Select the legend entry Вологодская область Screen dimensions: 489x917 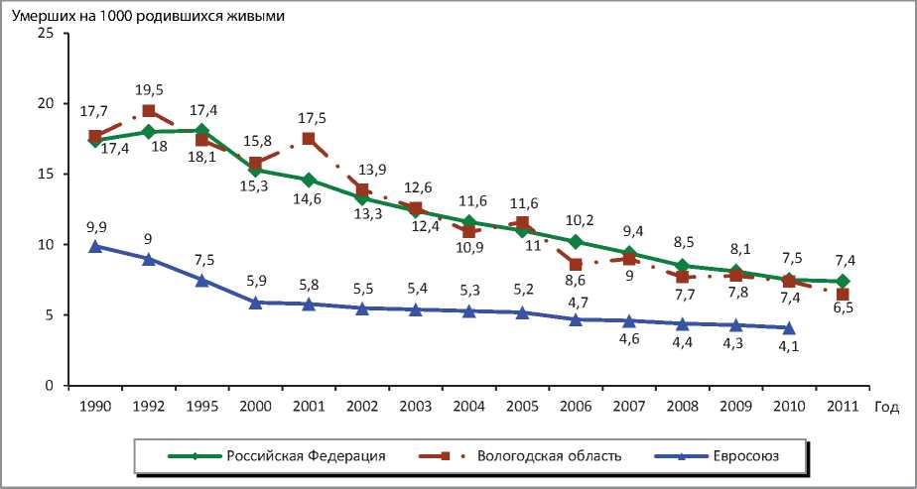point(549,456)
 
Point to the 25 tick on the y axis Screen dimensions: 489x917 point(44,33)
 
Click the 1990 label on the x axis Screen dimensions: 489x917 point(95,407)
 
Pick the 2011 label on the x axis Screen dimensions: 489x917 point(843,407)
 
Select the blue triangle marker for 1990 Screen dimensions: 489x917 point(95,246)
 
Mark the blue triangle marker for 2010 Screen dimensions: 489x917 point(789,327)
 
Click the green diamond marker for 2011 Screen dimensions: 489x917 point(843,282)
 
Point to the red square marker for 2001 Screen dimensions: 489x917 point(309,139)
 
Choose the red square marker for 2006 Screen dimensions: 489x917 point(576,265)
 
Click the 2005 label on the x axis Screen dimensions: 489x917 point(522,407)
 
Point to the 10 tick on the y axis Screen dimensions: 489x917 point(44,245)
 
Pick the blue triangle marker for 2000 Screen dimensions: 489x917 point(255,303)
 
